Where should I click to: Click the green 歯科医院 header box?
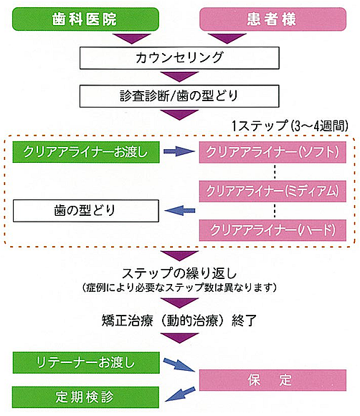85,19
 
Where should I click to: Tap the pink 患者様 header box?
273,19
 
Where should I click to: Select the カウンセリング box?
179,58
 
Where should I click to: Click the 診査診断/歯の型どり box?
179,96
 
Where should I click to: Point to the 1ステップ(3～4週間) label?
290,126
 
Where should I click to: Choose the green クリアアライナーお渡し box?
86,152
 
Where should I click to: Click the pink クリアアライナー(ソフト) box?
273,152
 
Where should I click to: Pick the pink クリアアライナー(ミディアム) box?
273,192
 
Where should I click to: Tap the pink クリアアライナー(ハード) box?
273,230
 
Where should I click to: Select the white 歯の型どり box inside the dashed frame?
86,211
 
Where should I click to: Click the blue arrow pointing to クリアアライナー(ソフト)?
179,151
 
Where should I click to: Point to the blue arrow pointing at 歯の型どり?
180,211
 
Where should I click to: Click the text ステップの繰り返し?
179,273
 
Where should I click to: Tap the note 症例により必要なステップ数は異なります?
179,288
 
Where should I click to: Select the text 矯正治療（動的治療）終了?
179,321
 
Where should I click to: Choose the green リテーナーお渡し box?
86,363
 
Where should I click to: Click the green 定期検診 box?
85,397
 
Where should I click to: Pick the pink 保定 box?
273,380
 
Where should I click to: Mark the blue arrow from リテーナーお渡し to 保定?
179,364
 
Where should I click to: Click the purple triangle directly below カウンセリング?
179,77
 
